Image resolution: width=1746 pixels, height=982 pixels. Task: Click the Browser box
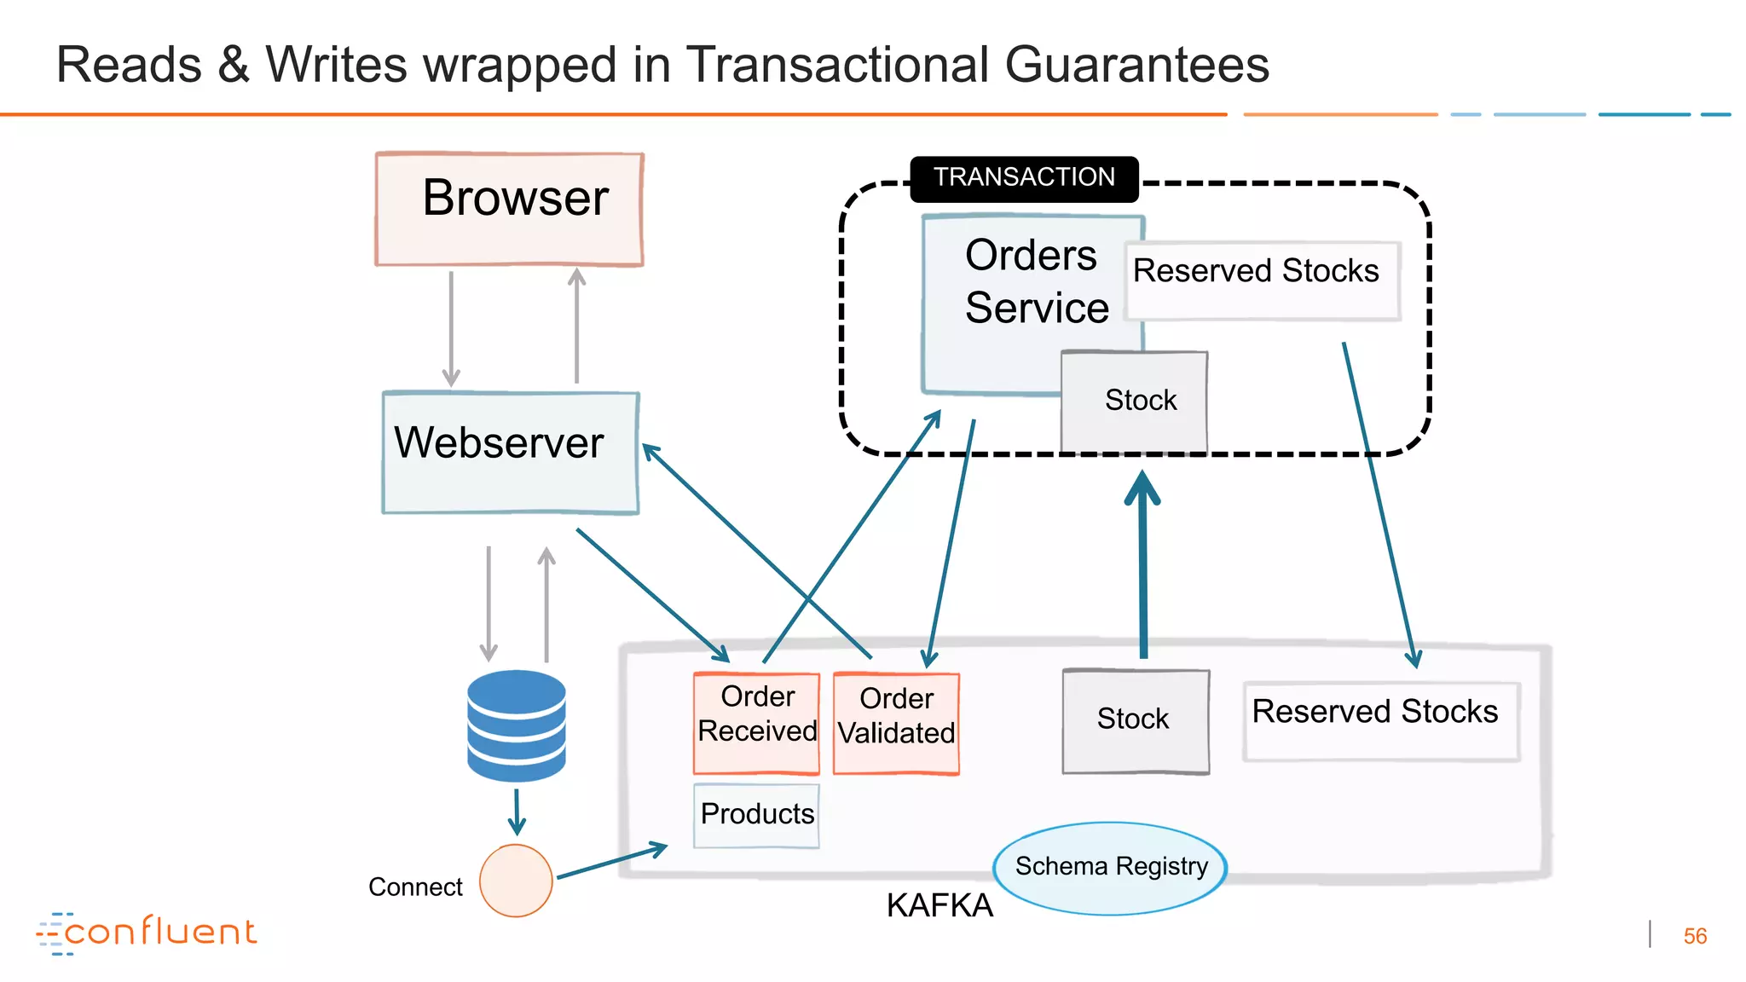tap(509, 210)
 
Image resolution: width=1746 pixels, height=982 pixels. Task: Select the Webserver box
tap(510, 452)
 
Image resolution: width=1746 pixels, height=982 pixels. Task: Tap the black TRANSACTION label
tap(1024, 178)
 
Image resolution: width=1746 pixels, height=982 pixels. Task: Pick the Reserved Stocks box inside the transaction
tap(1261, 280)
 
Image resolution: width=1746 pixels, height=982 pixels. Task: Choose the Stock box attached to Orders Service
tap(1135, 401)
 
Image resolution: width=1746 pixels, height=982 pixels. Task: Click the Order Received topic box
tap(756, 722)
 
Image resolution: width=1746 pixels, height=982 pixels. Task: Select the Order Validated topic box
tap(896, 724)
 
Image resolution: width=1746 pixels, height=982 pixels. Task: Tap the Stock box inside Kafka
tap(1135, 720)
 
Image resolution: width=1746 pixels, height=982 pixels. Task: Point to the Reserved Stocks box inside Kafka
tap(1380, 720)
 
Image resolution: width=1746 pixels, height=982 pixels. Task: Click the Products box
tap(756, 815)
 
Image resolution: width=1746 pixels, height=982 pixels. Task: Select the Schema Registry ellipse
tap(1110, 868)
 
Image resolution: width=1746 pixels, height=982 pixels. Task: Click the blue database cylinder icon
tap(516, 725)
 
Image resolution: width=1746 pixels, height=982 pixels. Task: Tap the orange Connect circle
tap(516, 881)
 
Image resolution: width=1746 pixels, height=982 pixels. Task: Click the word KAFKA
tap(939, 906)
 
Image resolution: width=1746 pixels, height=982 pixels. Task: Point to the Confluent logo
tap(147, 933)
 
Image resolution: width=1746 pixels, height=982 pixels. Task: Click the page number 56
tap(1694, 936)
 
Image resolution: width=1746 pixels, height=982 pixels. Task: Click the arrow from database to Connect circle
tap(517, 812)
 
